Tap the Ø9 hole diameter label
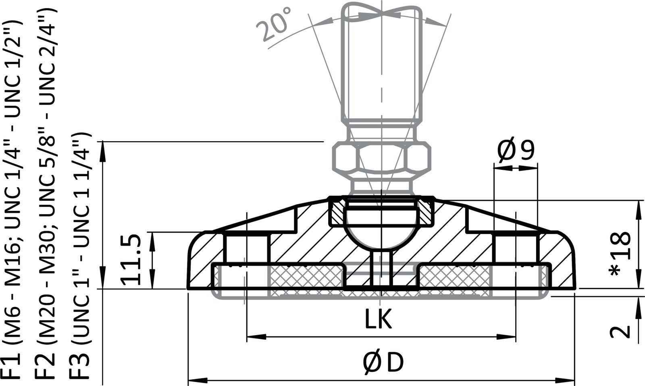point(516,150)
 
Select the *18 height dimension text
point(620,254)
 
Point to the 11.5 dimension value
point(132,260)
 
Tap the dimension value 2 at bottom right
point(620,331)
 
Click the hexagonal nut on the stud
point(380,159)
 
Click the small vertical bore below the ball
point(381,268)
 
